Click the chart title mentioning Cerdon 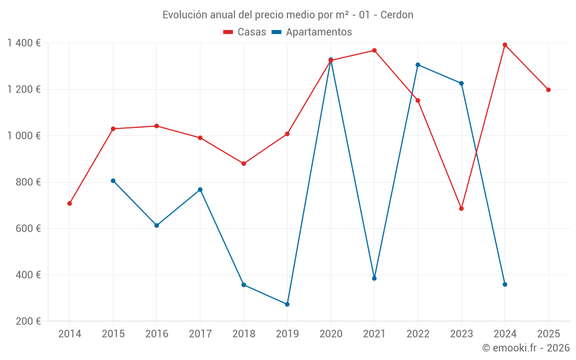tap(287, 15)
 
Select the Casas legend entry tap(245, 32)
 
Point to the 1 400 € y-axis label tap(24, 43)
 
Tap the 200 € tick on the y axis tap(28, 321)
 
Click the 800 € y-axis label tap(28, 182)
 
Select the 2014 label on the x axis tap(70, 334)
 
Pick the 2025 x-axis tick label tap(548, 334)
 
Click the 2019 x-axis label tap(287, 334)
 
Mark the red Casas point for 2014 tap(70, 203)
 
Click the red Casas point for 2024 tap(505, 45)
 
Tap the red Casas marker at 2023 tap(461, 209)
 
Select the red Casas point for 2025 tap(548, 90)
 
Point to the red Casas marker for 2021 tap(374, 51)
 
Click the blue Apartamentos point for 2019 tap(287, 304)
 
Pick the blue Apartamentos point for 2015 tap(113, 181)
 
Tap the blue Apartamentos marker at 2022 tap(418, 65)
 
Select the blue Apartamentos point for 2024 tap(505, 285)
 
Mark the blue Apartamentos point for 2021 tap(374, 278)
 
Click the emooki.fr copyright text tap(526, 348)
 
